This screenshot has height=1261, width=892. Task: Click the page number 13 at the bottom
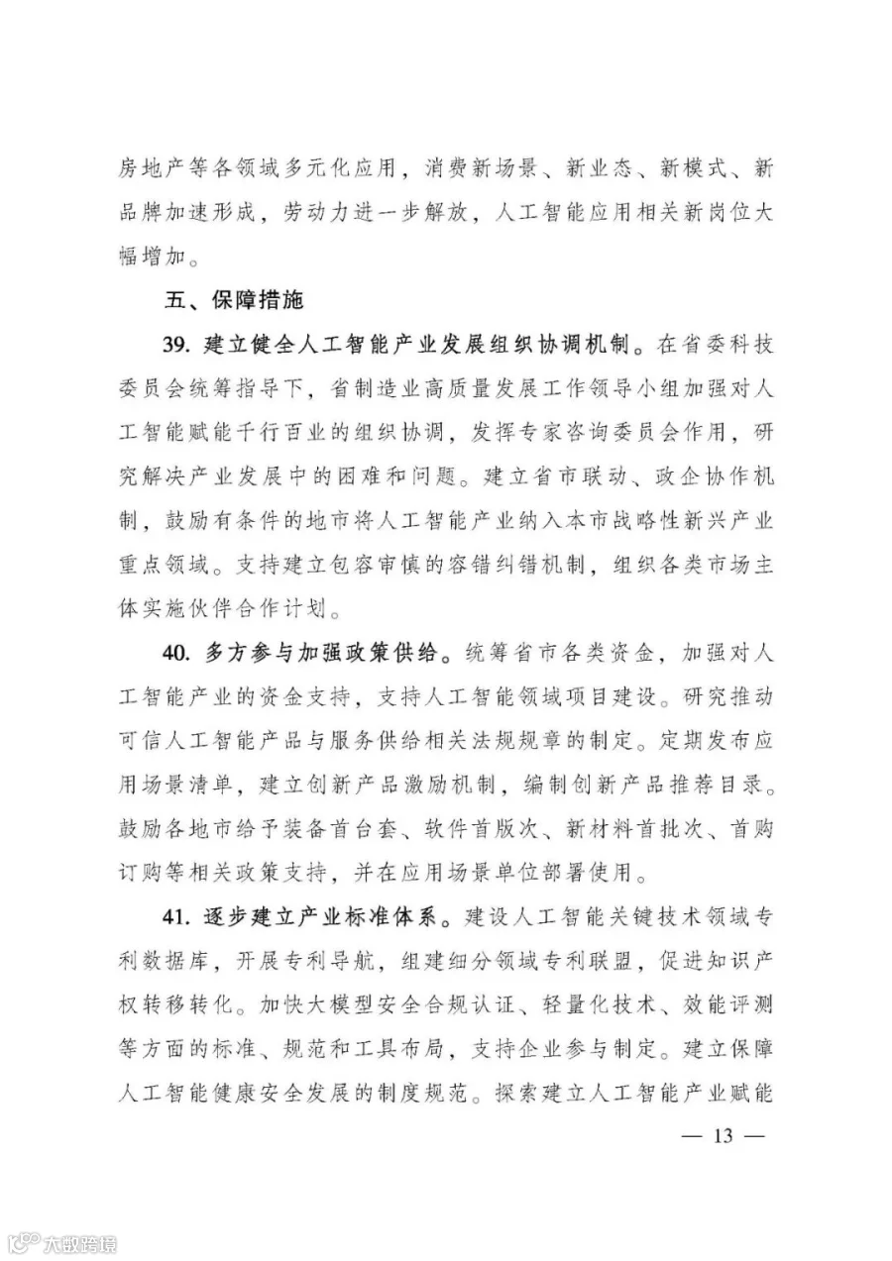click(722, 1136)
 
